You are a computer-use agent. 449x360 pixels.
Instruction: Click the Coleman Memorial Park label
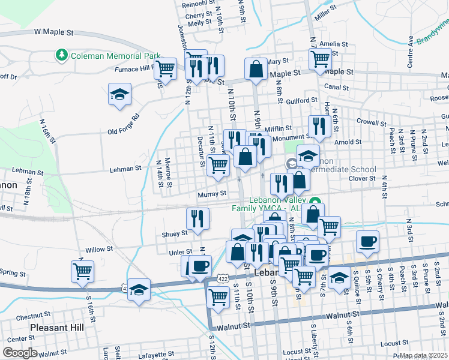coord(115,56)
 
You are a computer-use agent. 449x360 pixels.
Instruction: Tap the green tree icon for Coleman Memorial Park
coord(61,56)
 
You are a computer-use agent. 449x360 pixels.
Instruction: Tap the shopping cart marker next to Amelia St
coord(321,59)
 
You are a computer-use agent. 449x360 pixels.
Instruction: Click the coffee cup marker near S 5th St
coord(367,242)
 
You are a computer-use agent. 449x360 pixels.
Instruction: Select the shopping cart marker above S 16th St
coord(82,271)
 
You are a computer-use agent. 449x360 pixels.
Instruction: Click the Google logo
coord(20,353)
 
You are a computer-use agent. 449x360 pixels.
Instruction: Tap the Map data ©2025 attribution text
coord(423,355)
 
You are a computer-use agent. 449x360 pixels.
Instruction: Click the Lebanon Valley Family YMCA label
coord(269,204)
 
